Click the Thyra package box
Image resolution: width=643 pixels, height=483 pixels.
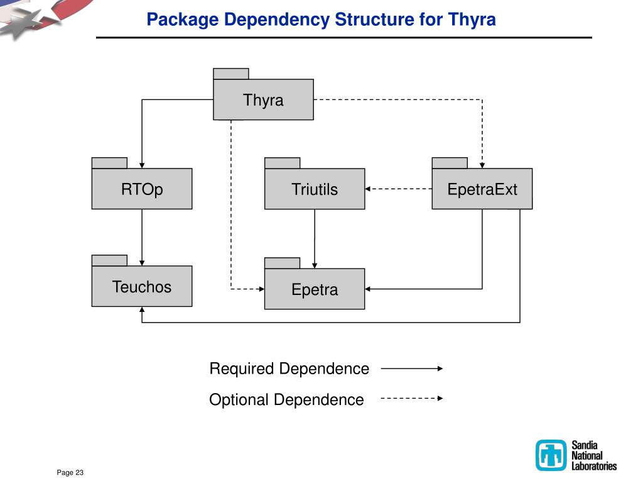pos(263,99)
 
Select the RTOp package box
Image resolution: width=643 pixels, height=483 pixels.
pos(142,189)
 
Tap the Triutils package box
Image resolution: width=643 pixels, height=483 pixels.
pos(314,189)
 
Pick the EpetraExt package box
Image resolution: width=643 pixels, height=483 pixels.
pos(482,189)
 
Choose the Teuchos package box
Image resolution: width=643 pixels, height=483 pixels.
pos(142,287)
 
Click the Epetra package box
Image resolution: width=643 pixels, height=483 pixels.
pos(314,289)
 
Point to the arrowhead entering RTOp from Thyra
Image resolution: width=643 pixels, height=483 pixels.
pos(142,165)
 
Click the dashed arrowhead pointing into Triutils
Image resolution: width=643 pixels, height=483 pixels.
pos(369,188)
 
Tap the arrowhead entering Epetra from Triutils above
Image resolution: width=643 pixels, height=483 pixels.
pos(315,265)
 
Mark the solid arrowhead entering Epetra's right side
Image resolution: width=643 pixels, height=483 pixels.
pos(369,289)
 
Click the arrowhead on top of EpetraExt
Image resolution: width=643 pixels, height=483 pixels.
pos(482,165)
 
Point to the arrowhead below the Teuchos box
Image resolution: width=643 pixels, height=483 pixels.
pos(142,310)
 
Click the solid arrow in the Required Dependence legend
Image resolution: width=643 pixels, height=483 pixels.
pos(412,369)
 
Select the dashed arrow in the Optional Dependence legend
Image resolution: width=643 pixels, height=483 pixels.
pos(412,398)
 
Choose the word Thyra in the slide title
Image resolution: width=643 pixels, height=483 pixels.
pos(472,19)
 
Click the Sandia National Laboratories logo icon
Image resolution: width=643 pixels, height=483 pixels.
pos(551,455)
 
